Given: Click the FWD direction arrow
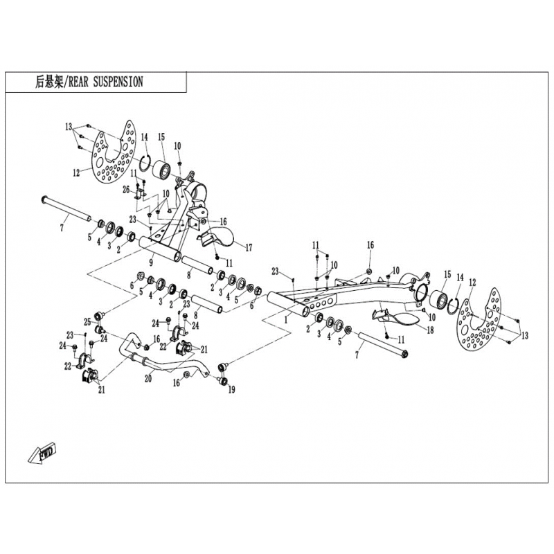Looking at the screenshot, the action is (42, 452).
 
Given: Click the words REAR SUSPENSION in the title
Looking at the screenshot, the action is (106, 82).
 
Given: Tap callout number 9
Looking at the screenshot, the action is (151, 262).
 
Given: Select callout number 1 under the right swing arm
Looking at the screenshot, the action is (286, 320).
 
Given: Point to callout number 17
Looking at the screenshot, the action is (249, 247).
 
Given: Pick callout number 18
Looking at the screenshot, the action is (430, 330).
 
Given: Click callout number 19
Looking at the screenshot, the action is (231, 390).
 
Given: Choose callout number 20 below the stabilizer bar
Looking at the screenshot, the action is (148, 378).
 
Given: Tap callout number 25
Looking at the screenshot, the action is (87, 322).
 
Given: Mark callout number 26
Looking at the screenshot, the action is (126, 190).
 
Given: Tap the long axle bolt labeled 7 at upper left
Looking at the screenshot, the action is (66, 210).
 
